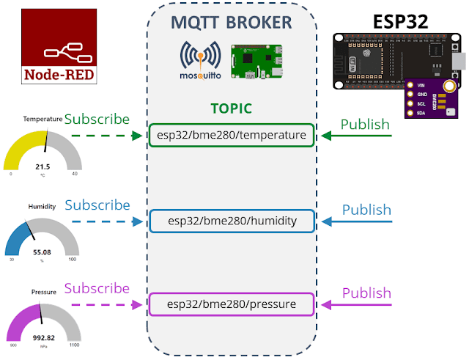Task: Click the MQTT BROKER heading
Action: coord(232,22)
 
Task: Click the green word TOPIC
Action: coord(231,109)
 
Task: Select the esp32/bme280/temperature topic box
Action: coord(232,136)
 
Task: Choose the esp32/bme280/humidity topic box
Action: coord(232,221)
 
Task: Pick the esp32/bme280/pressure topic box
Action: coord(232,304)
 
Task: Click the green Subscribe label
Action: coord(97,119)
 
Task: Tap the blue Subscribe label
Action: coord(97,205)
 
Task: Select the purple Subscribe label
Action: coord(97,288)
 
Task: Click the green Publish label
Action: coord(366,124)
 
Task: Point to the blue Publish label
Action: coord(366,210)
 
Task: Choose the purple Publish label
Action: coord(366,293)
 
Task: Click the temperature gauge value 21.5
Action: coord(42,167)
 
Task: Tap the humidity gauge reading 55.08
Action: coord(42,252)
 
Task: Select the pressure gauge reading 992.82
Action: coord(42,338)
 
